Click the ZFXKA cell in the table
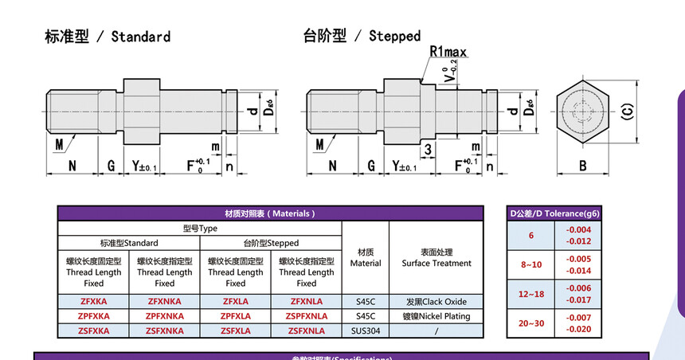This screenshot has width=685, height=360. (x=93, y=302)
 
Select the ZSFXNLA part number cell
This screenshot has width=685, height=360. (x=307, y=331)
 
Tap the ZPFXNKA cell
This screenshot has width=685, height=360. (x=165, y=316)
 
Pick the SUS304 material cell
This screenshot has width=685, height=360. (x=366, y=331)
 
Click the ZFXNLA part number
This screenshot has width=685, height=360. (x=307, y=302)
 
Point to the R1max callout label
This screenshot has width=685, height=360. (x=448, y=52)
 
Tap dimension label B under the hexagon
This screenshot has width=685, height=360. (x=583, y=166)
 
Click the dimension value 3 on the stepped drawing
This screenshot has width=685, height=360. (x=428, y=150)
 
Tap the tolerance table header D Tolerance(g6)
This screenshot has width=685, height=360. (x=554, y=213)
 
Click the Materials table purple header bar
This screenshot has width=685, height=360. (x=270, y=213)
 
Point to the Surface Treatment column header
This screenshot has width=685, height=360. (x=436, y=258)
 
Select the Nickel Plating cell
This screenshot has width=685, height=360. (x=436, y=316)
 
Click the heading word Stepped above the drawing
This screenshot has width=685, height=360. (x=394, y=36)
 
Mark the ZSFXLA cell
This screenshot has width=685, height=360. (x=236, y=331)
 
